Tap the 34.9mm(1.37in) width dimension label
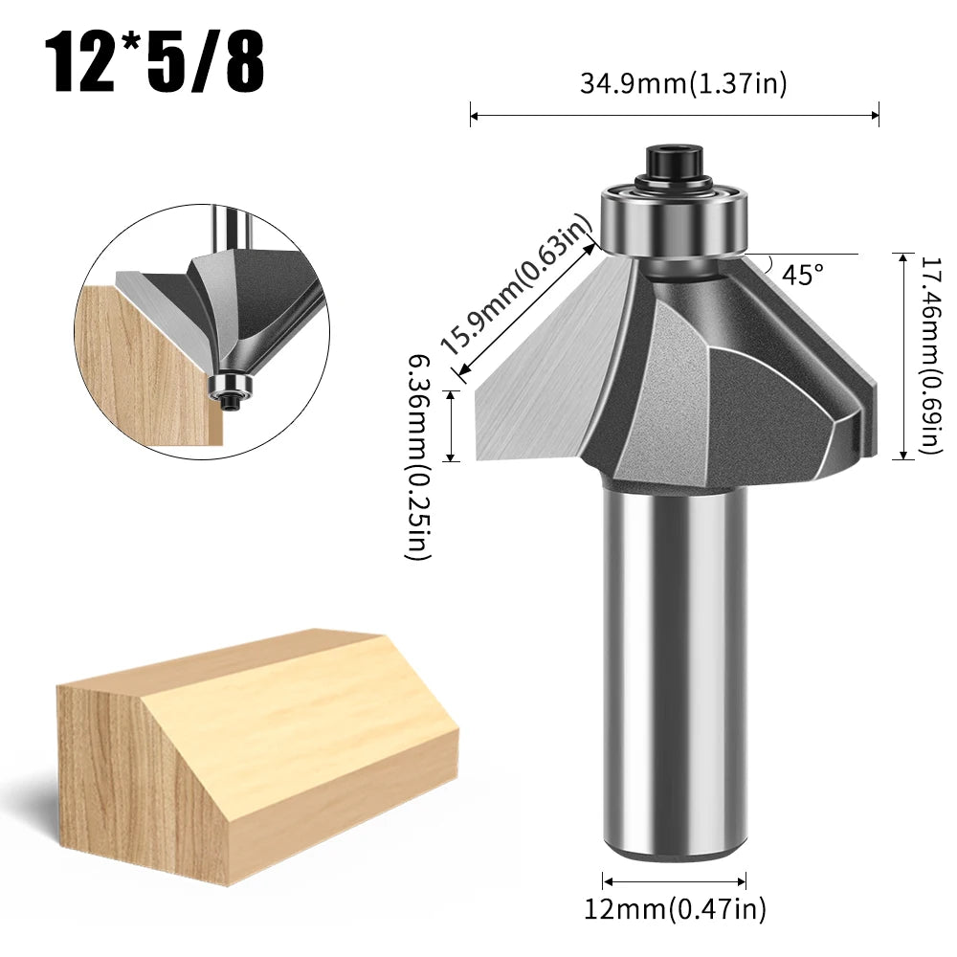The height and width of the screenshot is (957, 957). (682, 84)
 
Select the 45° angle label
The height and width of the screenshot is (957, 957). (802, 275)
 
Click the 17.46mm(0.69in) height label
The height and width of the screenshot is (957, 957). (930, 356)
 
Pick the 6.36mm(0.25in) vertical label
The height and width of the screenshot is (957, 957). (418, 456)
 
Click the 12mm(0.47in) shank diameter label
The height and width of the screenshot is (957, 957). (675, 908)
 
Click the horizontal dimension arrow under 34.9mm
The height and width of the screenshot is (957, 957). (675, 117)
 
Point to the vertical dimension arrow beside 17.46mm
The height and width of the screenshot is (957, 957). (904, 356)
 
